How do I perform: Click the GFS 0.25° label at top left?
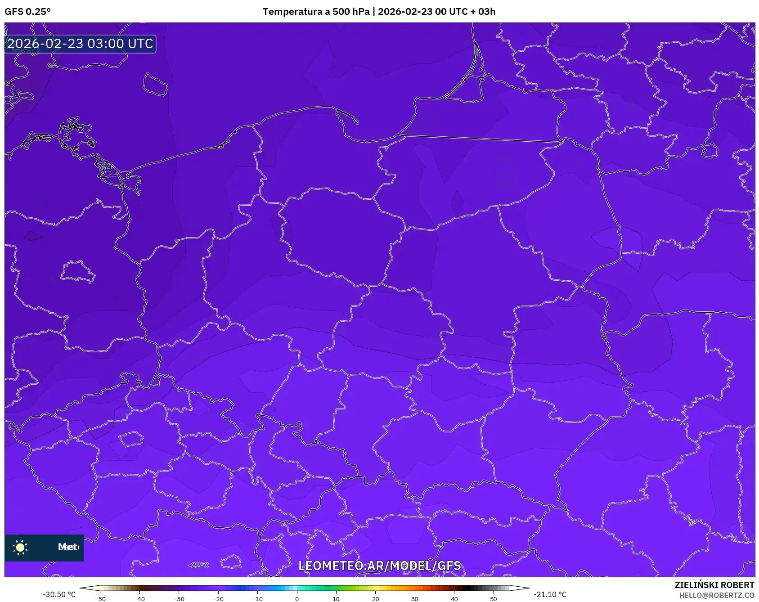point(27,12)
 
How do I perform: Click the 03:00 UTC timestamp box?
point(80,44)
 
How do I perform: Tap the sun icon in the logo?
point(20,547)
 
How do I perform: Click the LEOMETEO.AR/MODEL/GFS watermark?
point(379,566)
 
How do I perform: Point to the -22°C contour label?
point(198,565)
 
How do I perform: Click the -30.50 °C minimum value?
point(59,594)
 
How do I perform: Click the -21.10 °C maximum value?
point(550,594)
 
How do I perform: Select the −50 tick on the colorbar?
point(100,599)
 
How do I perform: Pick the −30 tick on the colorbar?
point(179,599)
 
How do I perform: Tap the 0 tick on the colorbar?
point(297,599)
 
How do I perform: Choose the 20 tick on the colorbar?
point(376,599)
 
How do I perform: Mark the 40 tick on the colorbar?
point(454,599)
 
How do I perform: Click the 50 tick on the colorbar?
point(494,599)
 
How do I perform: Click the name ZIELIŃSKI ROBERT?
point(714,585)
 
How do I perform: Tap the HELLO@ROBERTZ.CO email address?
point(717,595)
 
